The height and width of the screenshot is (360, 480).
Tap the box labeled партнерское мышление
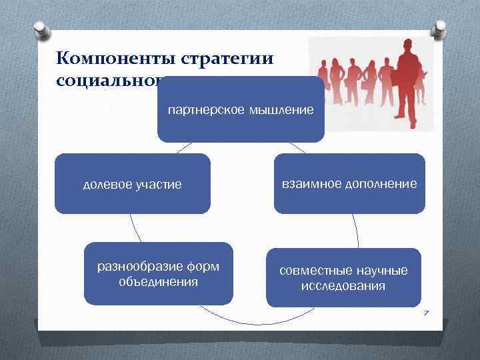coord(241,109)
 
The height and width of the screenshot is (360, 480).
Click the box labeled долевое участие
coord(132,184)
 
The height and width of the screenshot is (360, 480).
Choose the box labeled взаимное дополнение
coord(349,183)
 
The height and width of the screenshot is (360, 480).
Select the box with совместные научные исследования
coord(343,277)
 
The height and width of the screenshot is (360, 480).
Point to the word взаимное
coord(307,183)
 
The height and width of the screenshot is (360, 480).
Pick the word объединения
coord(158,282)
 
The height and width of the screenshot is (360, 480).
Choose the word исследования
coord(343,286)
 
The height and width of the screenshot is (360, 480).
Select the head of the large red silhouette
coord(407,45)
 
